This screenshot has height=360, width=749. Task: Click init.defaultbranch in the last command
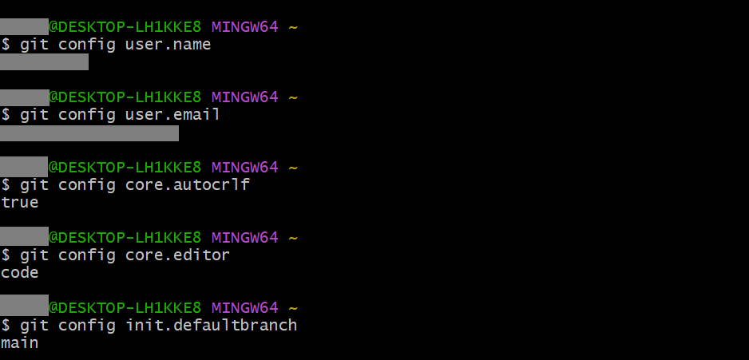212,326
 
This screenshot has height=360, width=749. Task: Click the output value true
19,203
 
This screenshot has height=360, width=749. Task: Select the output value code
19,273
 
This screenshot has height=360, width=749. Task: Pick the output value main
19,343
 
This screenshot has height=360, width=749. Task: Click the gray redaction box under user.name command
44,62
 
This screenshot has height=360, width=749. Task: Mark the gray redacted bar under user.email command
89,133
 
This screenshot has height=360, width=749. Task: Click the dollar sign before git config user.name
6,45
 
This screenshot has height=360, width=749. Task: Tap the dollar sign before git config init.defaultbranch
6,326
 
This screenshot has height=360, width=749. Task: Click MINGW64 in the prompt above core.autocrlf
244,168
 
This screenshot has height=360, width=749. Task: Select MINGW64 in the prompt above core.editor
244,238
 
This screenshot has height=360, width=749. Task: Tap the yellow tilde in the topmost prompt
293,27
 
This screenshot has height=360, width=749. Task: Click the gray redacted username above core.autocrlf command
24,168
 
